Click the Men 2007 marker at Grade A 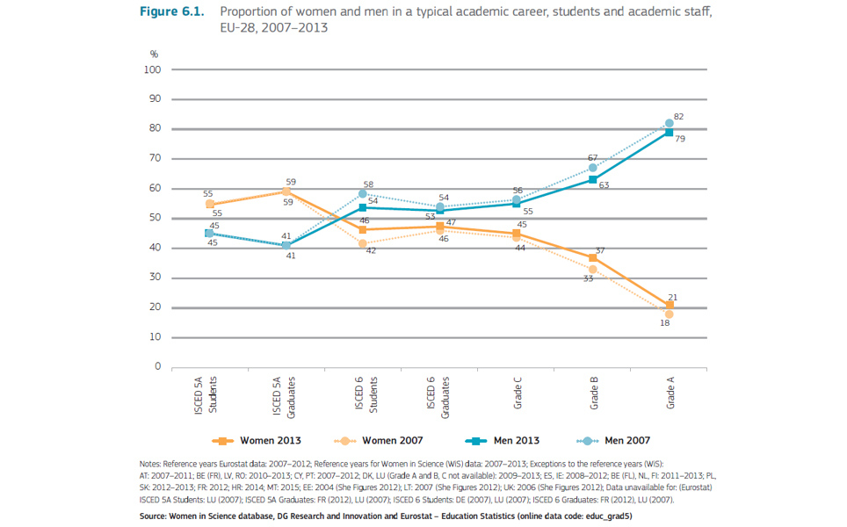[669, 123]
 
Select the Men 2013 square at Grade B [593, 179]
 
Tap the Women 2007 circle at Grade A [669, 314]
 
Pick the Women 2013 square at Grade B [593, 257]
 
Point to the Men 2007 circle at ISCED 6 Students [362, 193]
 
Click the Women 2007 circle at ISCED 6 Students [362, 242]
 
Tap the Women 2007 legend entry [370, 440]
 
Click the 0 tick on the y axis [156, 367]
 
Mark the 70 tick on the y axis [154, 159]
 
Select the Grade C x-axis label [518, 393]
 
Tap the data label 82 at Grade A [679, 116]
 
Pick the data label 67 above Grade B [593, 158]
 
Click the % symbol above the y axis [154, 54]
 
